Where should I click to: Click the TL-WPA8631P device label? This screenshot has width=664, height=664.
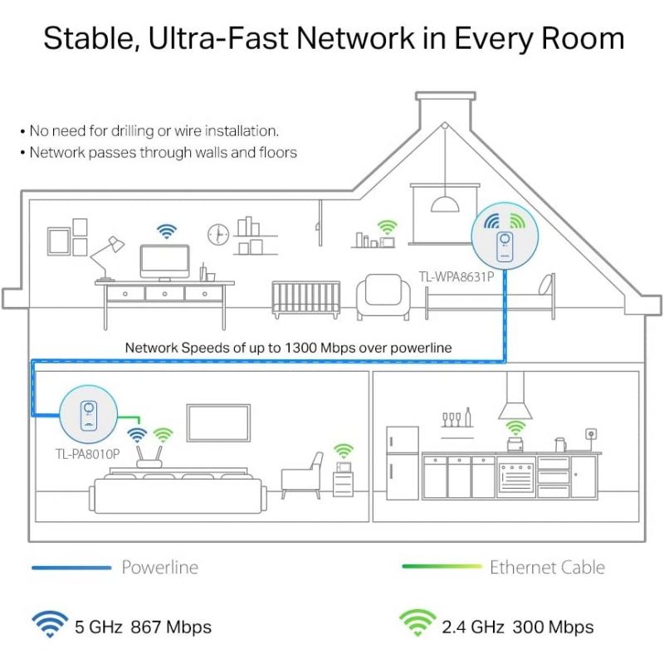[x=456, y=276]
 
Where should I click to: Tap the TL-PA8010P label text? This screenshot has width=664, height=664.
[x=88, y=454]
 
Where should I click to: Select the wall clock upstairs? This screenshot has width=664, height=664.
[x=218, y=234]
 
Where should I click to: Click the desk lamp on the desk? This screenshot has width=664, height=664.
[x=106, y=259]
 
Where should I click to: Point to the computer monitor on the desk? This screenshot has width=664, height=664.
[x=164, y=262]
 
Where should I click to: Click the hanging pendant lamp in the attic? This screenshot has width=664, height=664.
[x=445, y=203]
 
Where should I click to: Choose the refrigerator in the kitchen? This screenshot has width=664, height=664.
[x=403, y=463]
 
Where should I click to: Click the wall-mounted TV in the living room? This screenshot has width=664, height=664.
[x=218, y=422]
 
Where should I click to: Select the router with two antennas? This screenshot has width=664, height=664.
[x=149, y=457]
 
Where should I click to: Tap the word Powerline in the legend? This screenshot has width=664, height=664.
[x=159, y=567]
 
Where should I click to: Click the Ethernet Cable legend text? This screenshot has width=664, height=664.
[x=547, y=567]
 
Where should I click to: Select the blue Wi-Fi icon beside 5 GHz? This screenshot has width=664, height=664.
[x=50, y=624]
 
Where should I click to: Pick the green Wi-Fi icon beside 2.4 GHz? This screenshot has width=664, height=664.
[x=417, y=622]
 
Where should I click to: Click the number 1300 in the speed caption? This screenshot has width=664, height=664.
[x=300, y=348]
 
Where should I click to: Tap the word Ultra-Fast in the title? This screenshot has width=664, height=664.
[x=218, y=38]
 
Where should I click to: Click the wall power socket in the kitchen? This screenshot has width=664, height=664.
[x=591, y=433]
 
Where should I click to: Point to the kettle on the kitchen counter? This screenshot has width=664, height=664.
[x=561, y=445]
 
